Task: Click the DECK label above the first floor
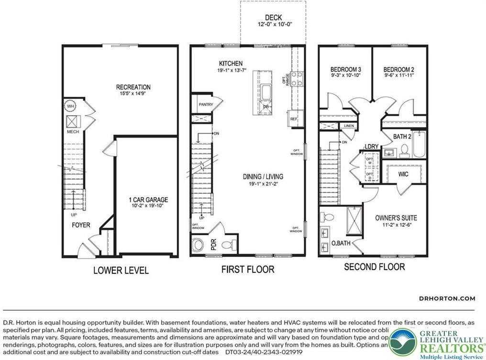(x=274, y=18)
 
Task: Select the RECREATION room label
(x=133, y=87)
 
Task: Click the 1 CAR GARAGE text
(x=148, y=200)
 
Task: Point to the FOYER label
(x=81, y=225)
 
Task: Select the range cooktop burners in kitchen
(x=297, y=77)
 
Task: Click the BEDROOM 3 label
(x=345, y=69)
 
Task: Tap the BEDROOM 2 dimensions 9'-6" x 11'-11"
(x=398, y=76)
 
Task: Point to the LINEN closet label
(x=349, y=126)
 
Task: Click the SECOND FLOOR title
(x=374, y=267)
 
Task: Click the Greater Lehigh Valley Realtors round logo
(x=402, y=342)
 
